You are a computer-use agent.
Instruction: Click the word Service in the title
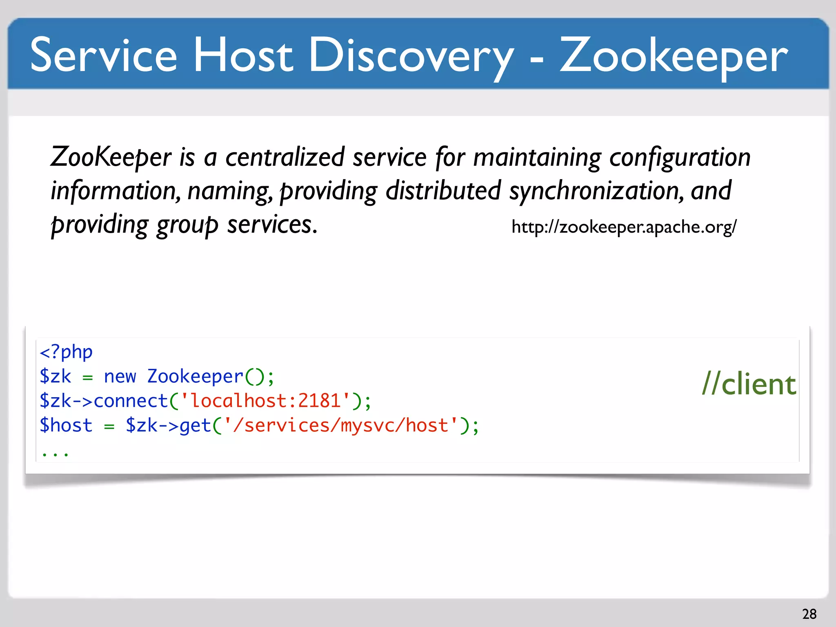point(104,55)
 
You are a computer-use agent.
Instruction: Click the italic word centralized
point(285,157)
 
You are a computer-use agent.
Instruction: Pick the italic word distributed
point(443,191)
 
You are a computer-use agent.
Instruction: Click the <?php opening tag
point(66,352)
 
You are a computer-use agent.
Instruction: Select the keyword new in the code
point(120,376)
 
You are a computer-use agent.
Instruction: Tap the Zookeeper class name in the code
point(195,376)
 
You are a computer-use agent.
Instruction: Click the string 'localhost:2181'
point(265,401)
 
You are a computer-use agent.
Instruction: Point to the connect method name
point(131,401)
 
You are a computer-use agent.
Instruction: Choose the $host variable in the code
point(66,425)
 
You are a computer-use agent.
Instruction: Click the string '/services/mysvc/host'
point(340,425)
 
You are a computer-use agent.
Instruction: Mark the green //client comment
point(749,385)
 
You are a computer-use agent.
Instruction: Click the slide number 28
point(809,614)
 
